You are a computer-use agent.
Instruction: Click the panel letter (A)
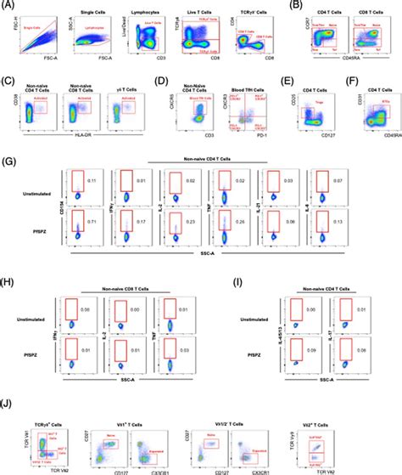(8, 4)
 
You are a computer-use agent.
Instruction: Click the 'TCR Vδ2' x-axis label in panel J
(50, 470)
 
